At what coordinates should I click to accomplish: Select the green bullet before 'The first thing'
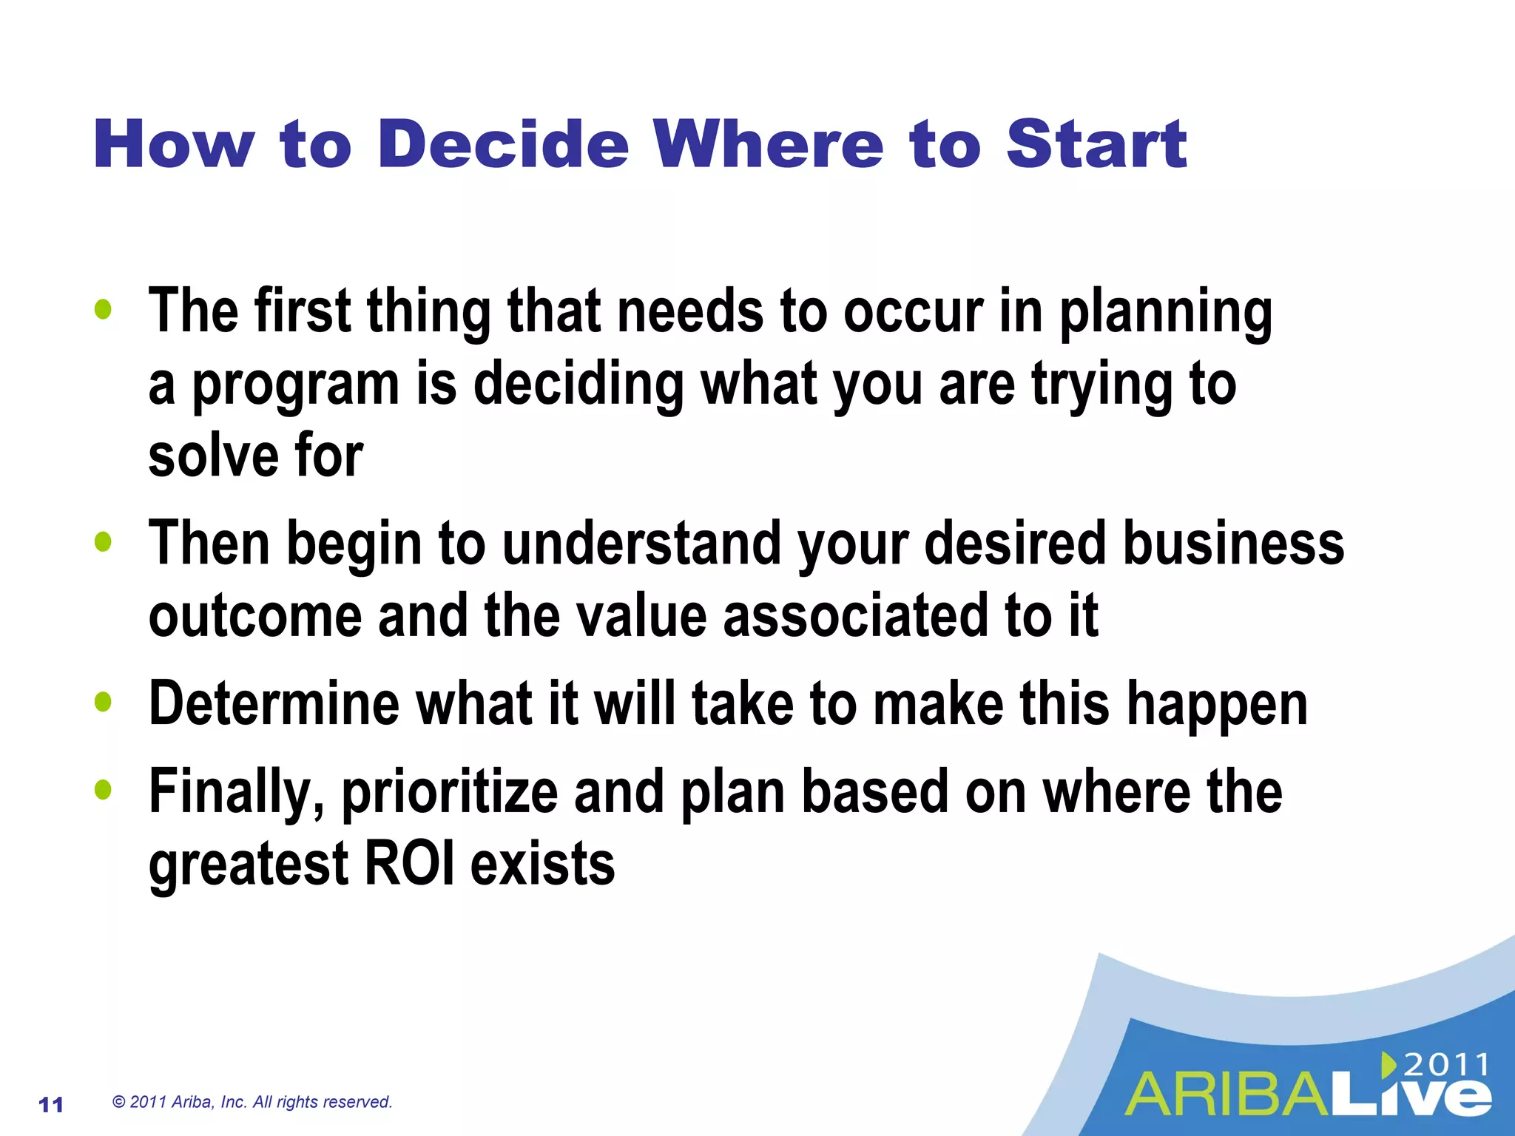(x=104, y=310)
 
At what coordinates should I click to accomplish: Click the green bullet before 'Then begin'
(x=104, y=542)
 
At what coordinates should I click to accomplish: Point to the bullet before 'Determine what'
(x=104, y=702)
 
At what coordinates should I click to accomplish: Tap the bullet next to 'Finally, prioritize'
(x=104, y=790)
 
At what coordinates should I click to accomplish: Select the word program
(x=296, y=386)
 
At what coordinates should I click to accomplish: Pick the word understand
(x=642, y=544)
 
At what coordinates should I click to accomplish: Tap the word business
(x=1233, y=544)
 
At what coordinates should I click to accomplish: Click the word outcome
(x=254, y=616)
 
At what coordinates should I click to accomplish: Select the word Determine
(x=274, y=703)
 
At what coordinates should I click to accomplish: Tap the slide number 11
(x=50, y=1105)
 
